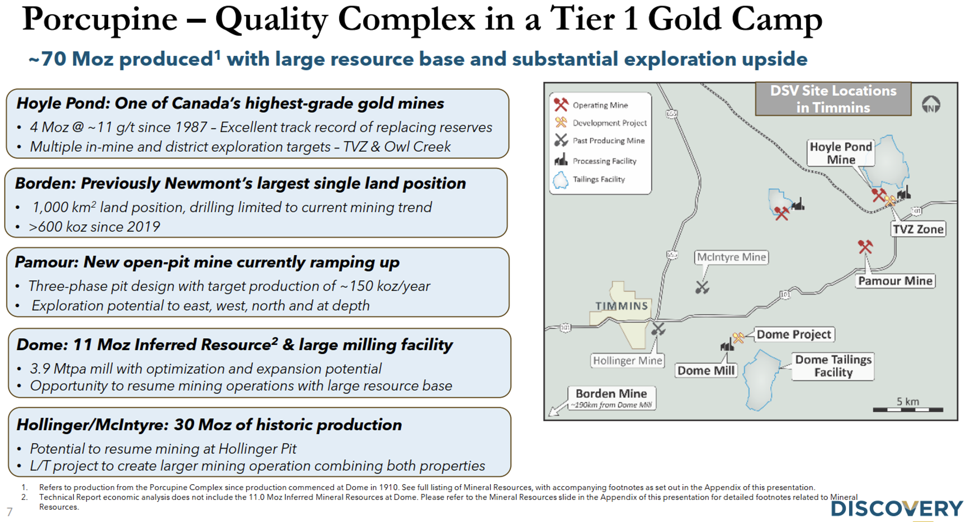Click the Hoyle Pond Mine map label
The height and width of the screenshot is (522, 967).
click(841, 153)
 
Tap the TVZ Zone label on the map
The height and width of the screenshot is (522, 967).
click(918, 229)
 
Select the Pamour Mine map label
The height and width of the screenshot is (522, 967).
click(895, 281)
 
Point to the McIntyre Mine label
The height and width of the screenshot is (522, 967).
click(731, 257)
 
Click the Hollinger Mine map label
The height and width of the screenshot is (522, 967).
click(627, 361)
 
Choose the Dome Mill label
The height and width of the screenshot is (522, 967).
click(706, 371)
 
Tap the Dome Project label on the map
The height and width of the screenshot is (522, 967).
click(794, 334)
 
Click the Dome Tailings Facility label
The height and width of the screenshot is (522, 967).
click(833, 366)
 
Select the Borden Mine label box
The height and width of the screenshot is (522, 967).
click(612, 398)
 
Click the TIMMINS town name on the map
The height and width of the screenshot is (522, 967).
click(621, 306)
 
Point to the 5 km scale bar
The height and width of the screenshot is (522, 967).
click(908, 409)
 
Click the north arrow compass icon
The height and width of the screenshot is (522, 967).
click(931, 105)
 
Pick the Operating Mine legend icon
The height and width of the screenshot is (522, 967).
click(561, 105)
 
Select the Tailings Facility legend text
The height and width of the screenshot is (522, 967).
click(599, 179)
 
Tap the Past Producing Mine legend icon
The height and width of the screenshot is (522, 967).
click(561, 140)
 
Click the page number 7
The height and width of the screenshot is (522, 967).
click(10, 512)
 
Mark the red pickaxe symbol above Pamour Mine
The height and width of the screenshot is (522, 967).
click(865, 247)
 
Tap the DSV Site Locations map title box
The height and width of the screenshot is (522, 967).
click(833, 99)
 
